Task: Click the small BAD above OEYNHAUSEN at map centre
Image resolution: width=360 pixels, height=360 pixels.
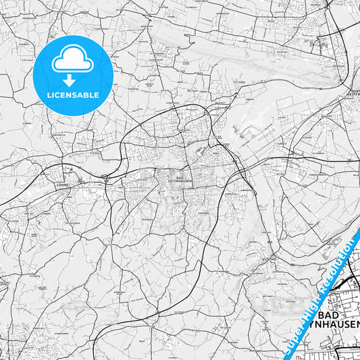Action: [x=168, y=179]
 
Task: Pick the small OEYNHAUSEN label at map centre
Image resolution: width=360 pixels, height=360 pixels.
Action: [x=168, y=184]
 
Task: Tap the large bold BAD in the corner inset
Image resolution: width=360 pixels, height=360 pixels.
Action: [x=337, y=315]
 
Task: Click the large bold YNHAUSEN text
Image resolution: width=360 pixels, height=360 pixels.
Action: [x=338, y=328]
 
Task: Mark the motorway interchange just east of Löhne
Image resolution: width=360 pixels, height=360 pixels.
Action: [x=106, y=176]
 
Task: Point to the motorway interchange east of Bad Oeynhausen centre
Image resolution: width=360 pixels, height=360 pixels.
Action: [x=239, y=165]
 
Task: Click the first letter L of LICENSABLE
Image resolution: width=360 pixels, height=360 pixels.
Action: [x=49, y=95]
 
